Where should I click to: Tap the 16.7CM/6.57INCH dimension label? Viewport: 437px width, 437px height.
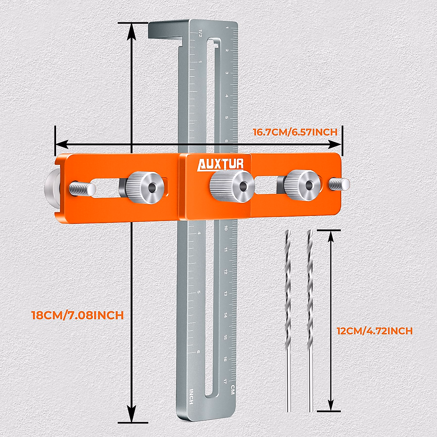pyautogui.click(x=295, y=132)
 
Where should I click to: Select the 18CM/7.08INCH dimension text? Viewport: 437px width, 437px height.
pyautogui.click(x=78, y=315)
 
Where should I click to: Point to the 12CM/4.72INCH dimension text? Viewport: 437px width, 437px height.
pyautogui.click(x=374, y=331)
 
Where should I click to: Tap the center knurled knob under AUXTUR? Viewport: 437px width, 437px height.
pyautogui.click(x=232, y=186)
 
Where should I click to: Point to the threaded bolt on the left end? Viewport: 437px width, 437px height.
pyautogui.click(x=82, y=188)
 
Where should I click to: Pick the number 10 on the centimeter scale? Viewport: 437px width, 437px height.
pyautogui.click(x=226, y=228)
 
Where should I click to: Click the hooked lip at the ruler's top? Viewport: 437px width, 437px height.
pyautogui.click(x=166, y=31)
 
